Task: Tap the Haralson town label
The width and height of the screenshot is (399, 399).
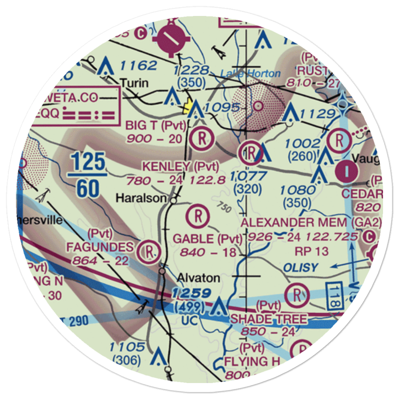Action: [141, 198]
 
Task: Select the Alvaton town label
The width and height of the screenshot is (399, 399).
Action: [193, 278]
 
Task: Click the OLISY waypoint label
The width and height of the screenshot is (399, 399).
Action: [301, 267]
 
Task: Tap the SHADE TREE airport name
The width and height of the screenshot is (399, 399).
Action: [269, 319]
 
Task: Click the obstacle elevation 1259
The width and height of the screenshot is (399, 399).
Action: [192, 294]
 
